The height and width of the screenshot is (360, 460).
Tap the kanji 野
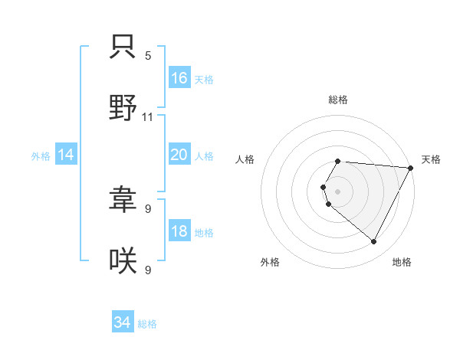(123, 108)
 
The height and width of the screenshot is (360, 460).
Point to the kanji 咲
(123, 262)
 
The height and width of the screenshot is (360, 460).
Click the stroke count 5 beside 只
(148, 56)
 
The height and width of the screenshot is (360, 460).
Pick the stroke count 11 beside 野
(148, 116)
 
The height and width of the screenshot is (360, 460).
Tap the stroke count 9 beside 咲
(148, 270)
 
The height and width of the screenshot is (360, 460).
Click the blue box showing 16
(179, 78)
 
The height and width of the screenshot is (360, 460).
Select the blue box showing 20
(179, 155)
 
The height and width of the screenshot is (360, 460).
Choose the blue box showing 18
(179, 232)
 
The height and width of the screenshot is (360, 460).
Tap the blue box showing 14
(66, 155)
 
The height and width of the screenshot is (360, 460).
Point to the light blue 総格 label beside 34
(147, 324)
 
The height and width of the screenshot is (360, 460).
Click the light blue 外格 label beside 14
(41, 156)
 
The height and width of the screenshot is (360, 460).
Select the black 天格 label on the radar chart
(431, 159)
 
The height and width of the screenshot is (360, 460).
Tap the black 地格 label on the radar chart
(402, 262)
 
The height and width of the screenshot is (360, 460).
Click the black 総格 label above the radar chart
(338, 100)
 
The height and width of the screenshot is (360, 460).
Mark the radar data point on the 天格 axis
(410, 168)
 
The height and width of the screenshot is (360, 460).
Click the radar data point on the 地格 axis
(374, 242)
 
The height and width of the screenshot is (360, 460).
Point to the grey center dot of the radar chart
(338, 191)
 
